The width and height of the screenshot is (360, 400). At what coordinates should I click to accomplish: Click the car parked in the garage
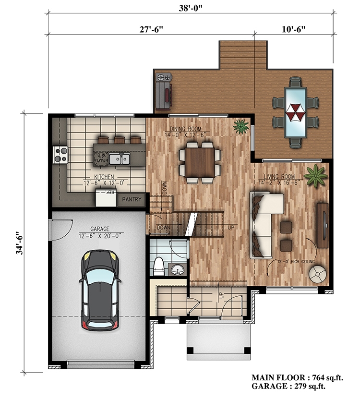[100, 291]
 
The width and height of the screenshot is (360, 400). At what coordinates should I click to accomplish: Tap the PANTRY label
[131, 199]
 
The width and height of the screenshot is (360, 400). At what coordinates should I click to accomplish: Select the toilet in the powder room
[158, 266]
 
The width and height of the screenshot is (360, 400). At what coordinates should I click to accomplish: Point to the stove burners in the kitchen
[60, 154]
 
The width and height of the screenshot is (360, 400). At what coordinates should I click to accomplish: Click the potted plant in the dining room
[240, 127]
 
